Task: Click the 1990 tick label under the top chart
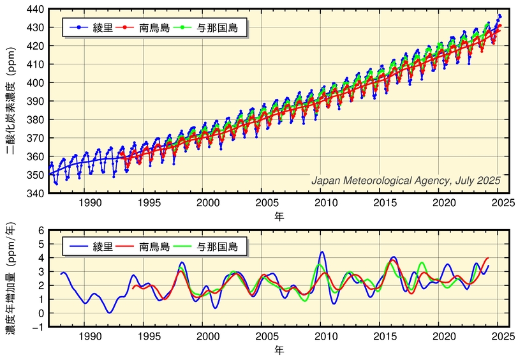(90, 203)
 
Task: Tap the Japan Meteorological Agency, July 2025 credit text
(405, 181)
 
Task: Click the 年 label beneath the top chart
(279, 216)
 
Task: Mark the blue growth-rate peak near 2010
(322, 252)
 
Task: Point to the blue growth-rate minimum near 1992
(110, 312)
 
